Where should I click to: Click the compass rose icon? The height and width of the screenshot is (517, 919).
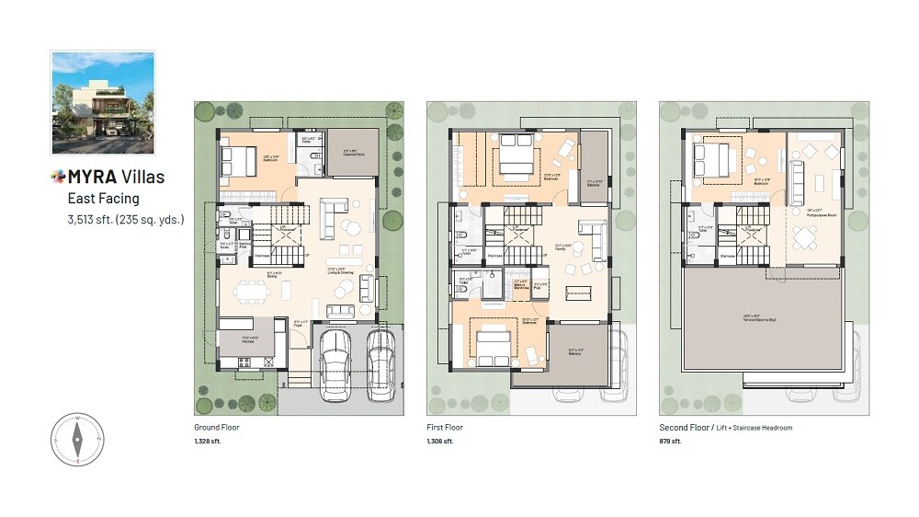[x=77, y=439]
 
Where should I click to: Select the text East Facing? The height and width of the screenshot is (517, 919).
[x=102, y=198]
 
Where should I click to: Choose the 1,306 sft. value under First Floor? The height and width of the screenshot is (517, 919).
[x=440, y=442]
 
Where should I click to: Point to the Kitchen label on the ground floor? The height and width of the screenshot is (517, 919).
[x=247, y=341]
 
